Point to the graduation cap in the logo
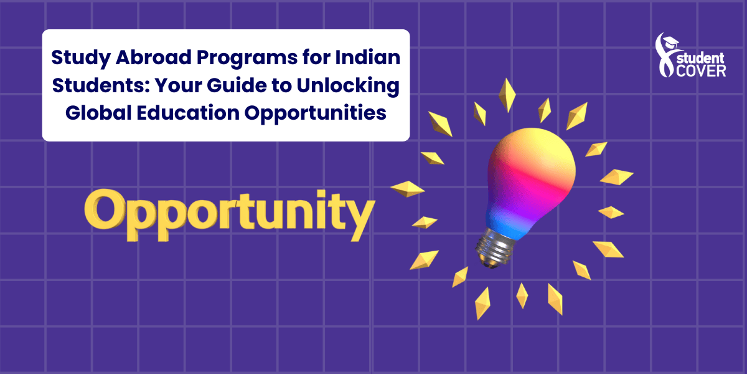click(x=670, y=42)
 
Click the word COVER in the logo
click(x=701, y=71)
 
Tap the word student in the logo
click(x=700, y=59)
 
